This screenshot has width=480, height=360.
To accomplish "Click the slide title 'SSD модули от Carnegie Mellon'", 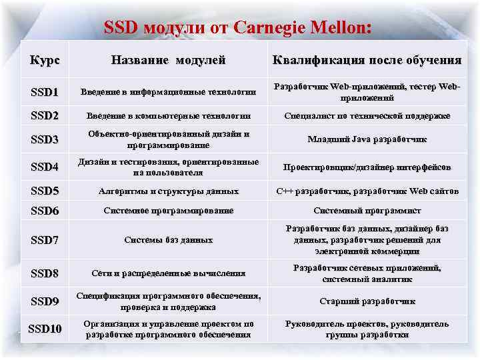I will point(238,27).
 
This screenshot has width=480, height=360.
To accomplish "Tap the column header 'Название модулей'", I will point(167,60).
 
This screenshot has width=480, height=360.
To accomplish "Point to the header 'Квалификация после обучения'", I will point(366,60).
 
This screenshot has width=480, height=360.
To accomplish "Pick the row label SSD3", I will point(45,140).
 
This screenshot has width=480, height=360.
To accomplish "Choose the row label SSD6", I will point(45,211).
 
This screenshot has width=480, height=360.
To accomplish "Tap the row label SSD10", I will point(45,329).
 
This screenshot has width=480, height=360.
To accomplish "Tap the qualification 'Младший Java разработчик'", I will point(366,140).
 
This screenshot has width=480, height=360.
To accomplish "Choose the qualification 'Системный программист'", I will point(366,211).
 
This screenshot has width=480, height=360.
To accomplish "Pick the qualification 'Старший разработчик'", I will point(366,301).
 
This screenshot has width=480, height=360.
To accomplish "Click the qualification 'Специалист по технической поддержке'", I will point(366,115).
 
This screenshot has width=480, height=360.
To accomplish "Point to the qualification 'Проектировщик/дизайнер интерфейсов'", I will point(366,167).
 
